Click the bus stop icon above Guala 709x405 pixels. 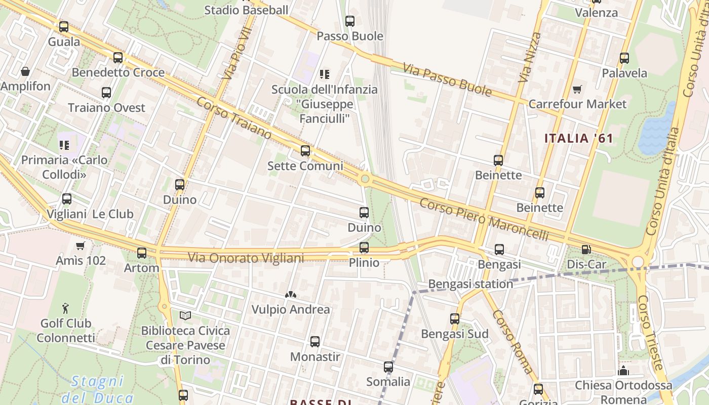(63, 27)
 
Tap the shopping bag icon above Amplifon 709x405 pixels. (25, 71)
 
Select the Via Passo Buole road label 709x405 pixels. (448, 79)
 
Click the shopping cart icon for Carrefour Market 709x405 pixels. (577, 90)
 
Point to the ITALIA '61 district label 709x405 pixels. (578, 138)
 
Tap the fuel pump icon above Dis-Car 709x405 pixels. (586, 249)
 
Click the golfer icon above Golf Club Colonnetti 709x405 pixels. (65, 308)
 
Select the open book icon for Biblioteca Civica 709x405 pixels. (185, 316)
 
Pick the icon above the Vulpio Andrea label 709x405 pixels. (291, 294)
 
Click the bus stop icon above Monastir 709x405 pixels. (315, 342)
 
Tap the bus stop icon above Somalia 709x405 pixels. (388, 367)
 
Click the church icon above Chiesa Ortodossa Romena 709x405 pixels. (623, 371)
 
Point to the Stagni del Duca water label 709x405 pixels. (97, 389)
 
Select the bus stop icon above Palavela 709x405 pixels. (624, 58)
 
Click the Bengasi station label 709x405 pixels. (470, 284)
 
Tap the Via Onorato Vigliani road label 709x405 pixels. (246, 258)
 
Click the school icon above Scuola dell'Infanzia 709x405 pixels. (325, 75)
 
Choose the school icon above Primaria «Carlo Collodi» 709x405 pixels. (64, 145)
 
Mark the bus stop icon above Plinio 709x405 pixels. (364, 248)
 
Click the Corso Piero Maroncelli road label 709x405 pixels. (484, 219)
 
